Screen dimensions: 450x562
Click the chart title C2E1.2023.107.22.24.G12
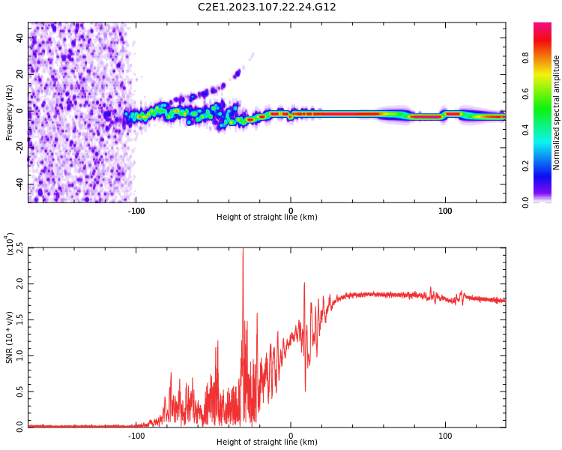tap(267, 7)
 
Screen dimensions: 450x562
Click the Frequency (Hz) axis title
tap(10, 112)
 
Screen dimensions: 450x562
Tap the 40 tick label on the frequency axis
tap(20, 37)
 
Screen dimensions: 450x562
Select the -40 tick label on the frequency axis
tap(20, 183)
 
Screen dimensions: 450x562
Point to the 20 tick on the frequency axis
tap(20, 73)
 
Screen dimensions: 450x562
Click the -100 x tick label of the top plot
tap(136, 210)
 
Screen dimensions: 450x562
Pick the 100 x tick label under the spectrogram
tap(445, 210)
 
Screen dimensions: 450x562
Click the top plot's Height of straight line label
tap(267, 217)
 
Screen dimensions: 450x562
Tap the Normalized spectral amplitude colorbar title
tap(557, 112)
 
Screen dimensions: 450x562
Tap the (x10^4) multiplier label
tap(10, 244)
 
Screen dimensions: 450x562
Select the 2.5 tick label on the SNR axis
tap(20, 247)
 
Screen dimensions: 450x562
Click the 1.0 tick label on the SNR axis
tap(20, 355)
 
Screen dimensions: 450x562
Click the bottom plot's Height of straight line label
tap(267, 442)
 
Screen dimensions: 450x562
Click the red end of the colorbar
tap(542, 27)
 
